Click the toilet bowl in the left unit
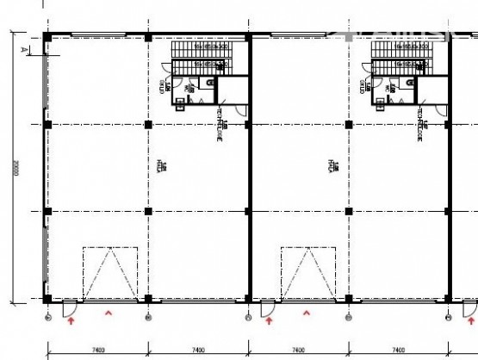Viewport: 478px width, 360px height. pyautogui.click(x=209, y=84)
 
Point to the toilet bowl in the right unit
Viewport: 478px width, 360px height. pyautogui.click(x=408, y=84)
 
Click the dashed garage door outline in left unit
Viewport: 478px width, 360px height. pyautogui.click(x=109, y=273)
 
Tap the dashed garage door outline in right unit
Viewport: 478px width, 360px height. pyautogui.click(x=308, y=273)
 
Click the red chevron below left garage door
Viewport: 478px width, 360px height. pyautogui.click(x=108, y=315)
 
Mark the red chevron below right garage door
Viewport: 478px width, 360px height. pyautogui.click(x=307, y=315)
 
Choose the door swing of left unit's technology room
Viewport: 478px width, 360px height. pyautogui.click(x=242, y=113)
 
